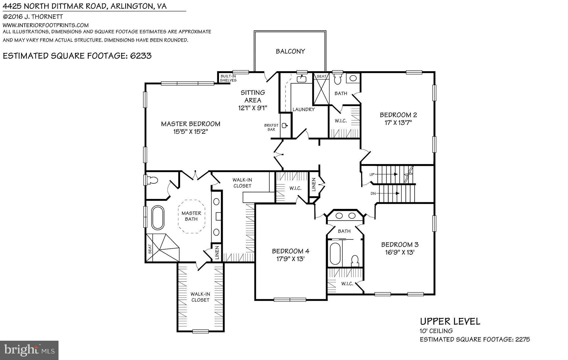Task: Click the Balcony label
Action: tap(290, 51)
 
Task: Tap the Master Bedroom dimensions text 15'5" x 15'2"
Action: tap(191, 132)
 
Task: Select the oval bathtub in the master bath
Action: tap(158, 218)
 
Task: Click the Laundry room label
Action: tap(303, 110)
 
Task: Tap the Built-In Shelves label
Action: tap(228, 78)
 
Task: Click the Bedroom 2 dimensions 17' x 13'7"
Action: tap(398, 123)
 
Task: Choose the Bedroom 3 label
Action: tap(400, 244)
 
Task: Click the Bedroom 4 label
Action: tap(291, 251)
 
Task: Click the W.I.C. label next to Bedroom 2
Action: tap(341, 121)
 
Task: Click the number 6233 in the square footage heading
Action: tap(141, 56)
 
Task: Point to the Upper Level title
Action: tap(450, 321)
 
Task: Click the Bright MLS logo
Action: tap(29, 350)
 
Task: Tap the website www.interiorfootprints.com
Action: tap(46, 25)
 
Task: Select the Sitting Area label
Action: tap(253, 96)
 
